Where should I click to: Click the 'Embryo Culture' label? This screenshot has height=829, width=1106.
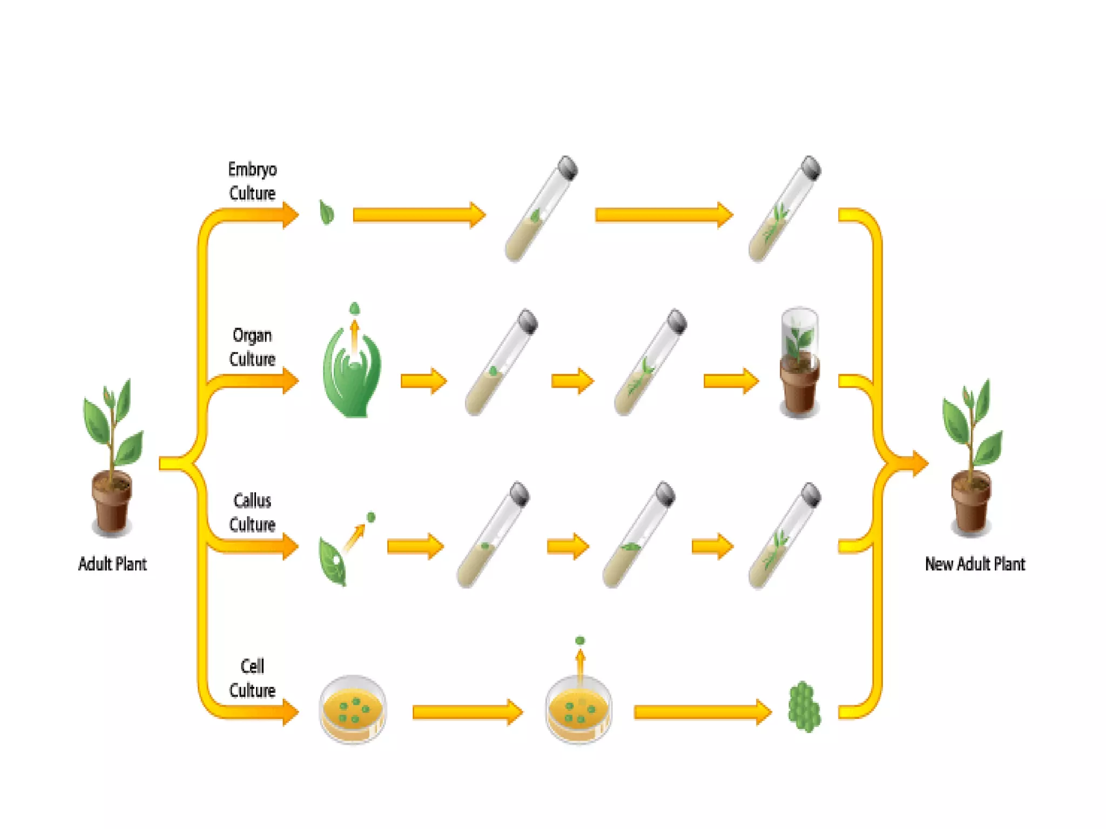click(252, 181)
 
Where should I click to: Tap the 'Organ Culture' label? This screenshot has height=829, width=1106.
click(252, 347)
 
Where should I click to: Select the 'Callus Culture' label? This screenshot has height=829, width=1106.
click(252, 512)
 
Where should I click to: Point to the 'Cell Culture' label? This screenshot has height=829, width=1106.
click(252, 678)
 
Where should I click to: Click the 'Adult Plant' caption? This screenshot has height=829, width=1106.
click(112, 564)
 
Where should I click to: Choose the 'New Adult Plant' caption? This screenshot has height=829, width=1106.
click(975, 564)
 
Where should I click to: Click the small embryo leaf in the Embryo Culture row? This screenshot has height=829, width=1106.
click(327, 212)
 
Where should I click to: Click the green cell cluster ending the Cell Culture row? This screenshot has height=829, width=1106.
click(804, 707)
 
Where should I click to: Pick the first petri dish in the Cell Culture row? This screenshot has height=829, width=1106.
click(353, 709)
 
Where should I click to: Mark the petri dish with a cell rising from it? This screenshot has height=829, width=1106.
click(579, 709)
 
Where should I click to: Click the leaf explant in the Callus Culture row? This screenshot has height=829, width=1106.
click(332, 561)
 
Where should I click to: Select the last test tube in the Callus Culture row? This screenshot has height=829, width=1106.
click(784, 535)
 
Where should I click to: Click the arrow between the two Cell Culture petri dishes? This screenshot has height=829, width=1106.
click(467, 712)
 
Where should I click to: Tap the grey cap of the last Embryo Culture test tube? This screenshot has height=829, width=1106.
click(811, 167)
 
